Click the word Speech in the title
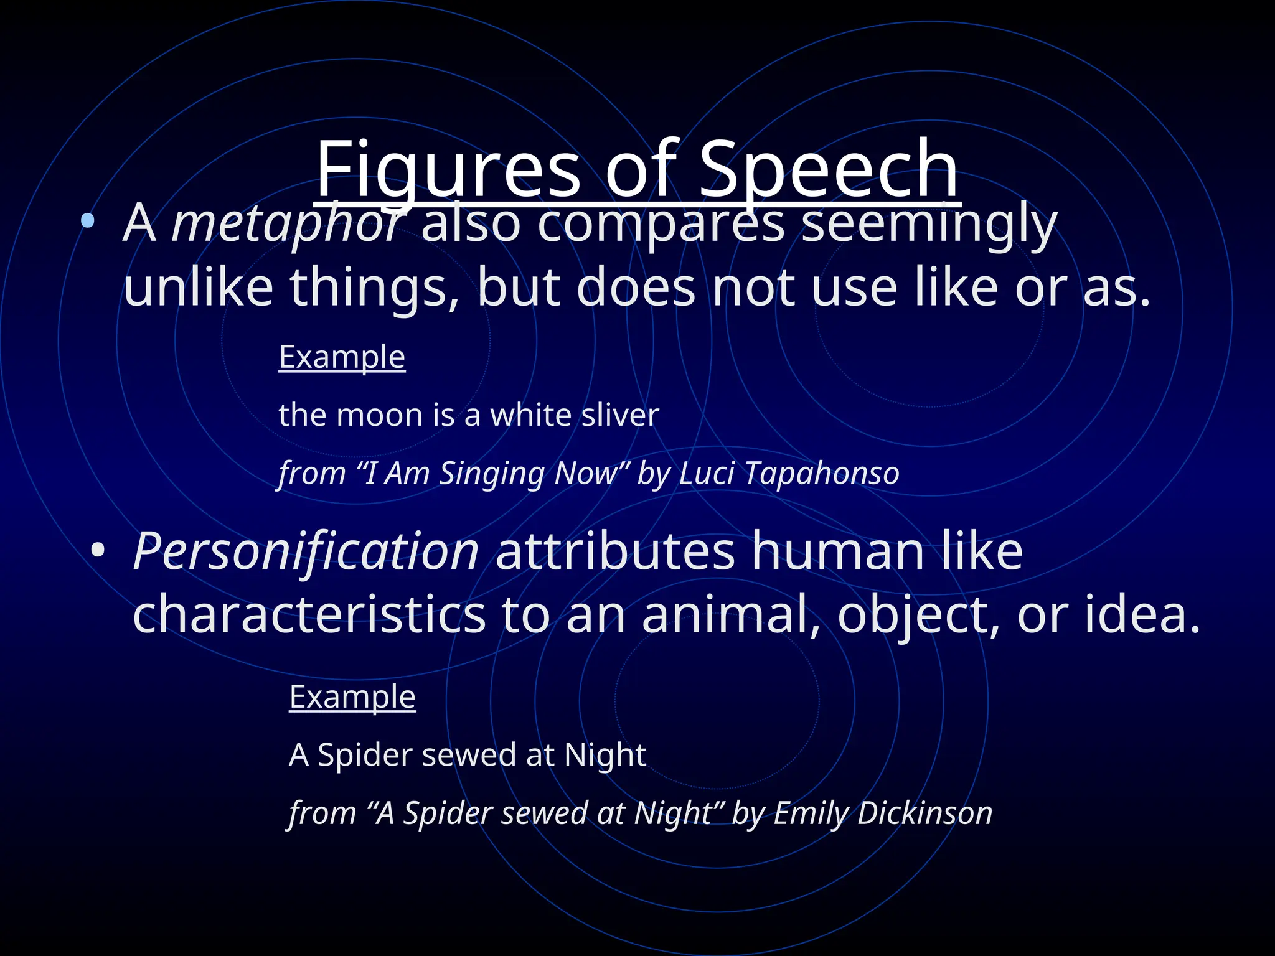(828, 169)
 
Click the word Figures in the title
(448, 169)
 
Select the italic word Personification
(306, 551)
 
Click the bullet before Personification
(98, 550)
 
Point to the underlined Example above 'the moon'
(342, 357)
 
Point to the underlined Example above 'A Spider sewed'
(352, 696)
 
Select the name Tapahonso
(822, 473)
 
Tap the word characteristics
(309, 615)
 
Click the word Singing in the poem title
(492, 473)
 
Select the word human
(837, 551)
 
